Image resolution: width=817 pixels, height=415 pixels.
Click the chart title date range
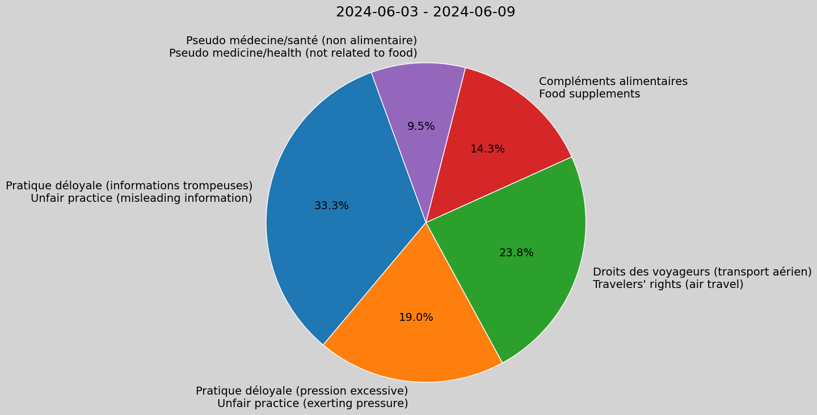(426, 12)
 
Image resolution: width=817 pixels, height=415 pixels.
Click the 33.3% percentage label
(331, 206)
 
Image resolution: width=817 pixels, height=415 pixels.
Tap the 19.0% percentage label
(416, 317)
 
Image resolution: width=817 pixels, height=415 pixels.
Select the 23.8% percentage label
(516, 253)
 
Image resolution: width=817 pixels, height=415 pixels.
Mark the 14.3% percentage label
(487, 149)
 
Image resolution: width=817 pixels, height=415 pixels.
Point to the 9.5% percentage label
(421, 126)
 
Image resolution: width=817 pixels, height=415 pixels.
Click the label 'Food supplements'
(589, 94)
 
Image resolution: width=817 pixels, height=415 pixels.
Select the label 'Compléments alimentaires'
(613, 82)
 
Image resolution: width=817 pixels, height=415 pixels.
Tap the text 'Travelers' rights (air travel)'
(668, 285)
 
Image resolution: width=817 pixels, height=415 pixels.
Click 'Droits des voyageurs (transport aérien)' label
(702, 272)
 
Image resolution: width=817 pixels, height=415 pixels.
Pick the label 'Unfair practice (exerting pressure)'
(313, 404)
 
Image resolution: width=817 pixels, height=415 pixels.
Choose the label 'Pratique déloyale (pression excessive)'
(302, 391)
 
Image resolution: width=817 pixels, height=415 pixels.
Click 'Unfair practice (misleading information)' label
(141, 198)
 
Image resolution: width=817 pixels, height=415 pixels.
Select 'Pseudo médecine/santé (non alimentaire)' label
(301, 41)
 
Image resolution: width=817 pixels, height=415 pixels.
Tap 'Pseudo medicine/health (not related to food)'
(293, 53)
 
